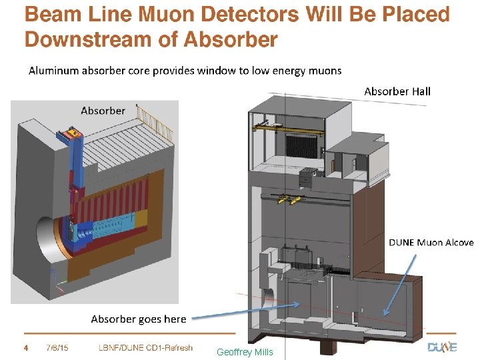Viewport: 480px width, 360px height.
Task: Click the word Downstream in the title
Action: click(x=79, y=39)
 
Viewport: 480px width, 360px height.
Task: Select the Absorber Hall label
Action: click(x=397, y=91)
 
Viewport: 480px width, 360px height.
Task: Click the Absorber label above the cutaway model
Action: click(x=103, y=111)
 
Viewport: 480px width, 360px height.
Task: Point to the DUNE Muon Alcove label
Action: click(x=431, y=242)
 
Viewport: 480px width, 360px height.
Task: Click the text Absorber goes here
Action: click(x=139, y=319)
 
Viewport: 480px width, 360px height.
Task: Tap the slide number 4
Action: click(x=25, y=347)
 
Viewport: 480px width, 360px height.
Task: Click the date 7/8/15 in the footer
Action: click(x=58, y=347)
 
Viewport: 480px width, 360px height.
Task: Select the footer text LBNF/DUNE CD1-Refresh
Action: click(x=145, y=347)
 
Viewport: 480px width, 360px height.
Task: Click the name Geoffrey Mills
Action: click(x=245, y=352)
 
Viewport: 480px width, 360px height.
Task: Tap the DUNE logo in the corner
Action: click(x=443, y=347)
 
